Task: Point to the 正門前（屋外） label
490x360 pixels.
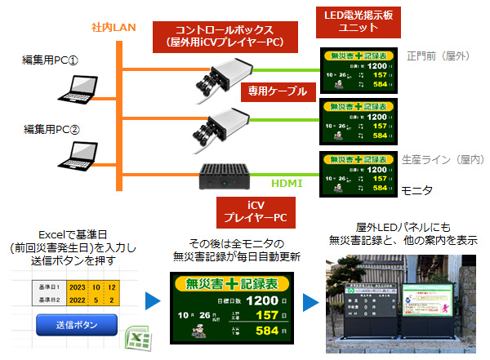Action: pyautogui.click(x=439, y=56)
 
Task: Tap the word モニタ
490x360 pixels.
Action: pyautogui.click(x=416, y=189)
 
